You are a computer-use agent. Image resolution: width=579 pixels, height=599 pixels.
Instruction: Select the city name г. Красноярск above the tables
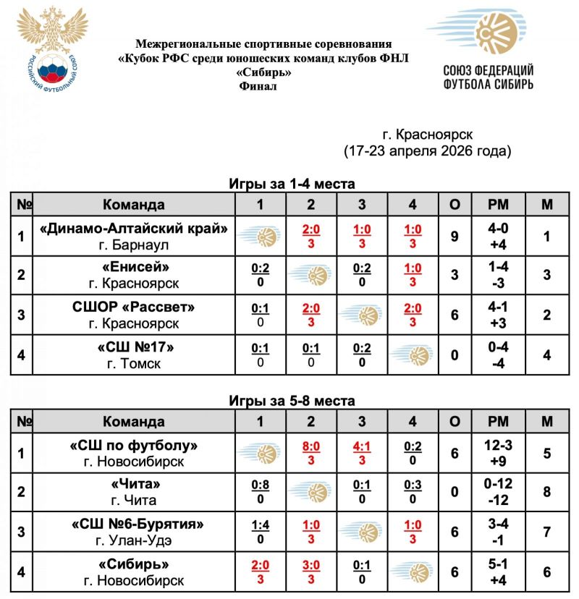coord(427,135)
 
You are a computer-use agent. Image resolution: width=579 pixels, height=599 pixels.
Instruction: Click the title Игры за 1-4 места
coord(292,184)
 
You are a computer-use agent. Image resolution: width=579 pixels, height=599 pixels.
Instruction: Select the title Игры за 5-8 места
coord(292,401)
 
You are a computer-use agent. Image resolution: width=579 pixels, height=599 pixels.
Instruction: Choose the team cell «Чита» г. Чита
coord(135,492)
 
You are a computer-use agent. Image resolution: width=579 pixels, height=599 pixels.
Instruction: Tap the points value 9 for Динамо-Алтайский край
coord(455,236)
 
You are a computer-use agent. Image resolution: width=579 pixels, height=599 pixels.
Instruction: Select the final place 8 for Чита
coord(547,492)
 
